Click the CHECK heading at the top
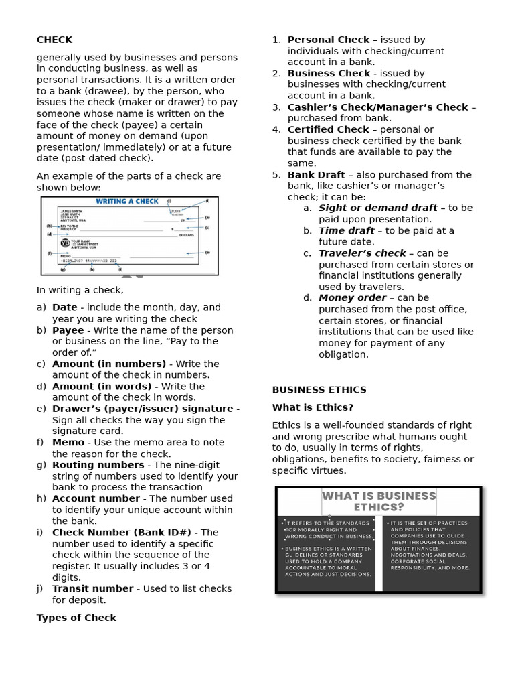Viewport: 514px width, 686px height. [54, 40]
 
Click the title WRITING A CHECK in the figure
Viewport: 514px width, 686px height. [127, 201]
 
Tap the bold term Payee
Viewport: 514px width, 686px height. [68, 330]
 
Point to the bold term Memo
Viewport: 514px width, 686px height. [68, 442]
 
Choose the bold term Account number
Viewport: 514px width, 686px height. [96, 498]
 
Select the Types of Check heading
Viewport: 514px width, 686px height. [76, 618]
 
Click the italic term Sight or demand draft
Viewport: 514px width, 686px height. [377, 208]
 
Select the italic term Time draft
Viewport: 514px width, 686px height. [346, 230]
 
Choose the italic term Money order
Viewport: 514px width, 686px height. [352, 297]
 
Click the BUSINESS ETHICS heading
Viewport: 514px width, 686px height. [319, 389]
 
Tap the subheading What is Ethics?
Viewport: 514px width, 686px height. [313, 407]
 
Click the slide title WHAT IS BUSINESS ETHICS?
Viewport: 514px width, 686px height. [379, 502]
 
